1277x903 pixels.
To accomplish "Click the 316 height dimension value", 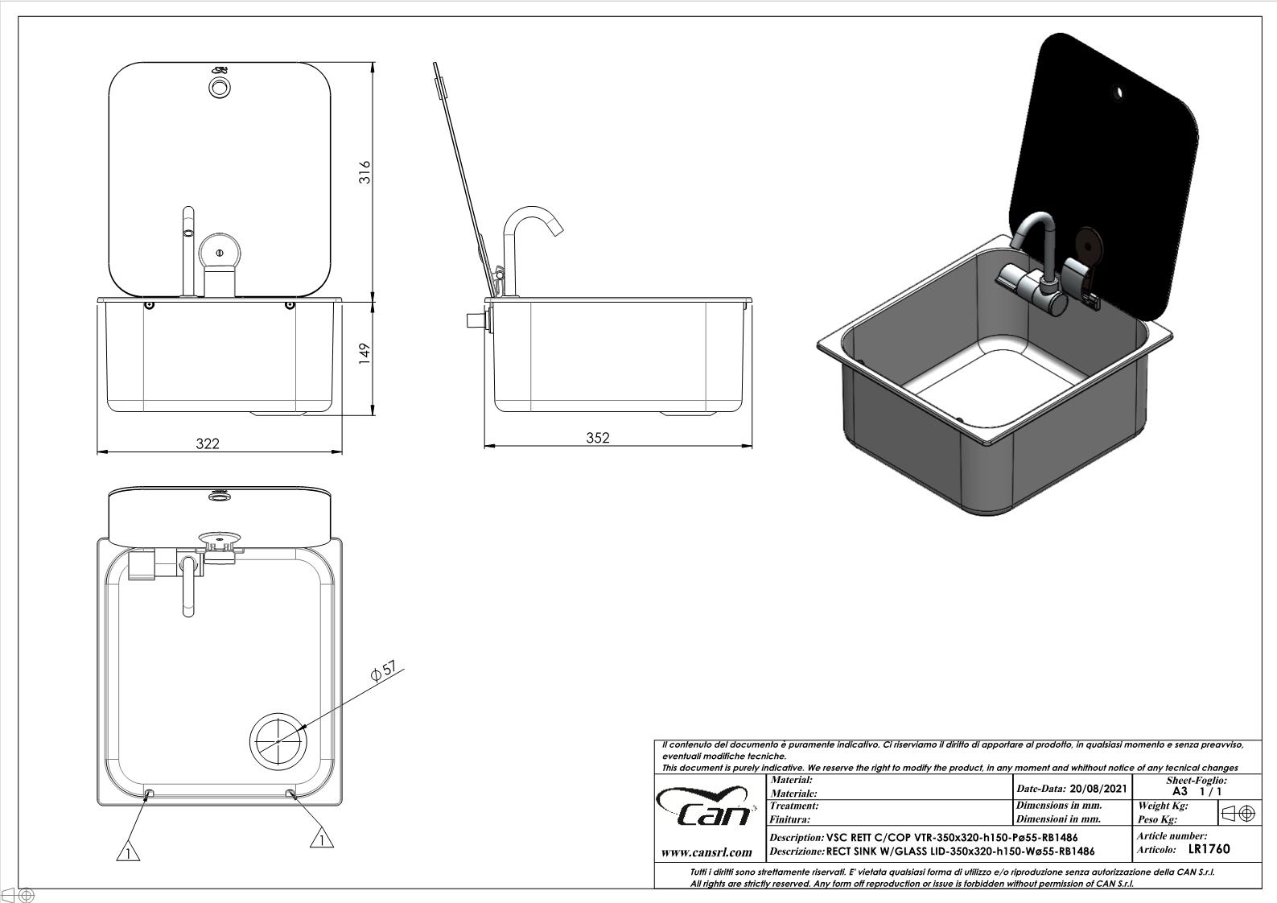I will pyautogui.click(x=365, y=172).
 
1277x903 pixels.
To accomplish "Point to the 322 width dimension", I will pyautogui.click(x=208, y=443).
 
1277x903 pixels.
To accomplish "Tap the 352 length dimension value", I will pyautogui.click(x=598, y=437).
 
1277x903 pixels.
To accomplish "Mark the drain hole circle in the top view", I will pyautogui.click(x=278, y=740).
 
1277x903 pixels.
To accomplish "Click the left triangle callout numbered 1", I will pyautogui.click(x=126, y=851).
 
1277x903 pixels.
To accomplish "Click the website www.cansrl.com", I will pyautogui.click(x=706, y=852).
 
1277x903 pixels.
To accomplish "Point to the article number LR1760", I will pyautogui.click(x=1209, y=848).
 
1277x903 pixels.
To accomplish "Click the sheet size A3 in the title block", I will pyautogui.click(x=1180, y=791).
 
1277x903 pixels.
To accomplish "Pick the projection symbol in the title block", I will pyautogui.click(x=1238, y=813).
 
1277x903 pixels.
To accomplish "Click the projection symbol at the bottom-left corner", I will pyautogui.click(x=18, y=894).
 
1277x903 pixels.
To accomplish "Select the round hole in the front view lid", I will pyautogui.click(x=219, y=86).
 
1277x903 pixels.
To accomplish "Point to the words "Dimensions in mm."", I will pyautogui.click(x=1059, y=805).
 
